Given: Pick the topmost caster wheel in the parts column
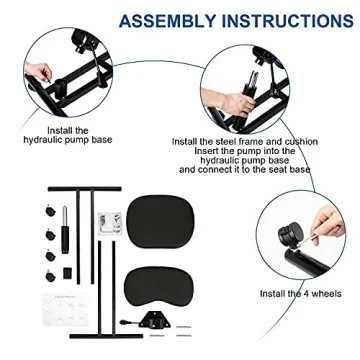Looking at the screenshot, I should pos(48,213).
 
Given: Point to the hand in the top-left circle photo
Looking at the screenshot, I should pos(41,75).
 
